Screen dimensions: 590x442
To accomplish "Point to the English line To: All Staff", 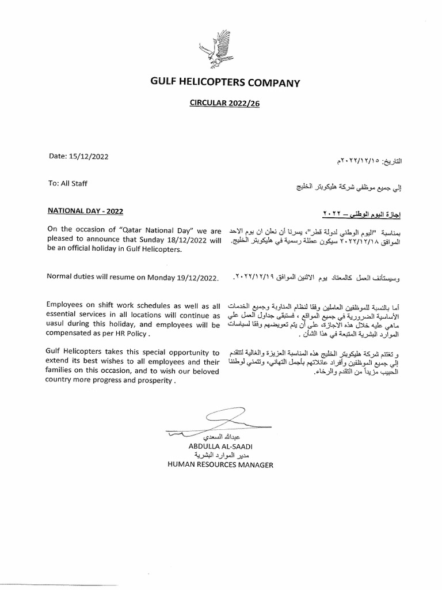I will pos(68,183).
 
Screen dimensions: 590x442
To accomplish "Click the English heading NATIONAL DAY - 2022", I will pos(85,211).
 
